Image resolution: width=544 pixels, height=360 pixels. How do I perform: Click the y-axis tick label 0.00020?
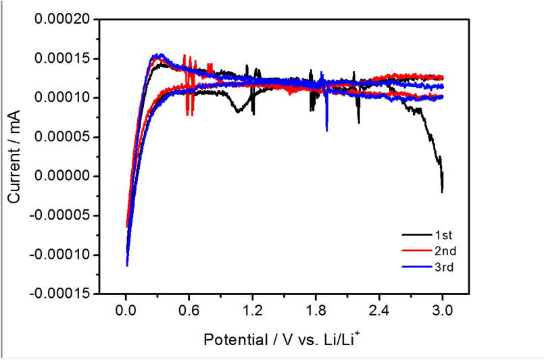pyautogui.click(x=61, y=20)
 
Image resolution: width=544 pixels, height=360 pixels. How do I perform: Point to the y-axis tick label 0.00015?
pyautogui.click(x=61, y=59)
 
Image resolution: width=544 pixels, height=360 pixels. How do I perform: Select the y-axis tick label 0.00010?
pyautogui.click(x=61, y=98)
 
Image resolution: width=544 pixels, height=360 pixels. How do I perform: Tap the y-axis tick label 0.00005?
pyautogui.click(x=61, y=137)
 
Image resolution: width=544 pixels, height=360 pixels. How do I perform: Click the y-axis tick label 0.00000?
pyautogui.click(x=61, y=176)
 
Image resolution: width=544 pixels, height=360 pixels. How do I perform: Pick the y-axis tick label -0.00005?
pyautogui.click(x=59, y=215)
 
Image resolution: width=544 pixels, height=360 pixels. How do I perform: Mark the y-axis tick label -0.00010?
pyautogui.click(x=59, y=255)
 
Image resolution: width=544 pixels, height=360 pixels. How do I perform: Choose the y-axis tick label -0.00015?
pyautogui.click(x=59, y=294)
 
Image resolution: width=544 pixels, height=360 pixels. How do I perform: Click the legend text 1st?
pyautogui.click(x=443, y=235)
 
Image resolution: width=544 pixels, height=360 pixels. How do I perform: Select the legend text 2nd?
pyautogui.click(x=445, y=251)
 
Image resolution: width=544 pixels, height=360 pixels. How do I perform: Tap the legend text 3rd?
pyautogui.click(x=444, y=267)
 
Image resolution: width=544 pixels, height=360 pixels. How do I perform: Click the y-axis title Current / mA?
pyautogui.click(x=14, y=156)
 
